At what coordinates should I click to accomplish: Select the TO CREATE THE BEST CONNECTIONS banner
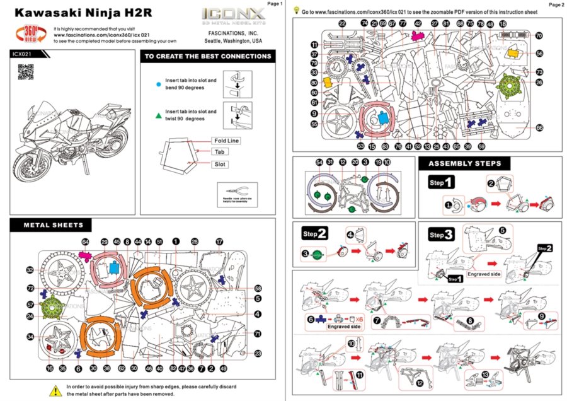(x=208, y=56)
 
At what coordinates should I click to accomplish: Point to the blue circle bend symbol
(x=157, y=83)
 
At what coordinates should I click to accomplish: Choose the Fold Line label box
(x=226, y=140)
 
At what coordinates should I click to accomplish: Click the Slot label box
(x=220, y=164)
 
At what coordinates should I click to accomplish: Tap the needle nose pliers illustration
(x=236, y=190)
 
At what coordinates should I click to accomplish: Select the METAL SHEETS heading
(x=54, y=224)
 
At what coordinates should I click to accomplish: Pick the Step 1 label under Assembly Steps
(x=440, y=183)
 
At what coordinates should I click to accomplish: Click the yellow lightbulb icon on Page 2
(x=296, y=11)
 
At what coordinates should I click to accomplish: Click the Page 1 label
(x=275, y=4)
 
